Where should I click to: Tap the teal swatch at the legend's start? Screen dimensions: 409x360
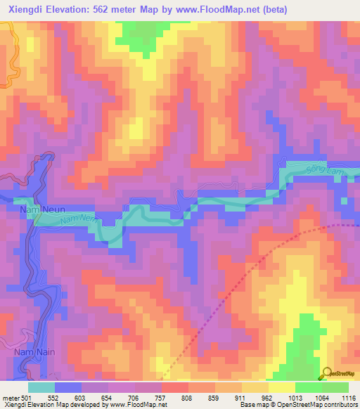pos(41,387)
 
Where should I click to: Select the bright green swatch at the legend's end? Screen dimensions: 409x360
pos(335,387)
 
